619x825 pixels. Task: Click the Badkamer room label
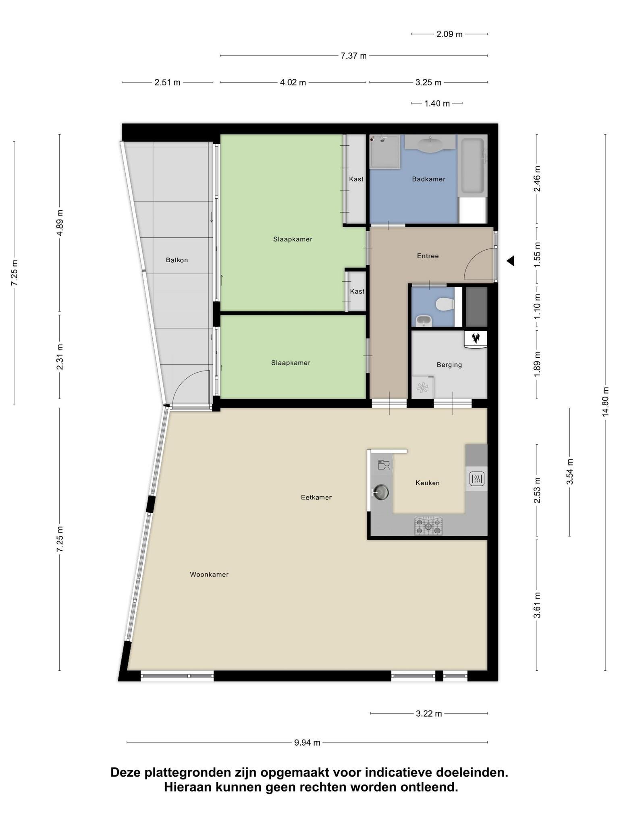[428, 179]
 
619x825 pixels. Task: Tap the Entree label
[428, 256]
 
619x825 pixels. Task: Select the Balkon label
[177, 260]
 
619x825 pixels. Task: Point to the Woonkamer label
[209, 574]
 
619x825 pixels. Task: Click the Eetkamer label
[316, 497]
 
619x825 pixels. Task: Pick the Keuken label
[428, 483]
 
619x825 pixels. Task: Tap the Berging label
[449, 365]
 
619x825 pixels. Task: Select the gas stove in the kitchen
[428, 526]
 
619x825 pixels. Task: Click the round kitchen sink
[381, 492]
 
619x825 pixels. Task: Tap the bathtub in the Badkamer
[472, 166]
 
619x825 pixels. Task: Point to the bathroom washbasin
[430, 144]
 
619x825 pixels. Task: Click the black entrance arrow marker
[510, 261]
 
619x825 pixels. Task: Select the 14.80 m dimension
[605, 402]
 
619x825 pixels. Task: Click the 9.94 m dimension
[307, 742]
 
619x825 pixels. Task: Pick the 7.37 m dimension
[354, 56]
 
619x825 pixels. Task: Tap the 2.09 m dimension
[449, 34]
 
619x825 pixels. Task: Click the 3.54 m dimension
[570, 472]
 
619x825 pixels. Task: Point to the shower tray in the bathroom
[385, 151]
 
